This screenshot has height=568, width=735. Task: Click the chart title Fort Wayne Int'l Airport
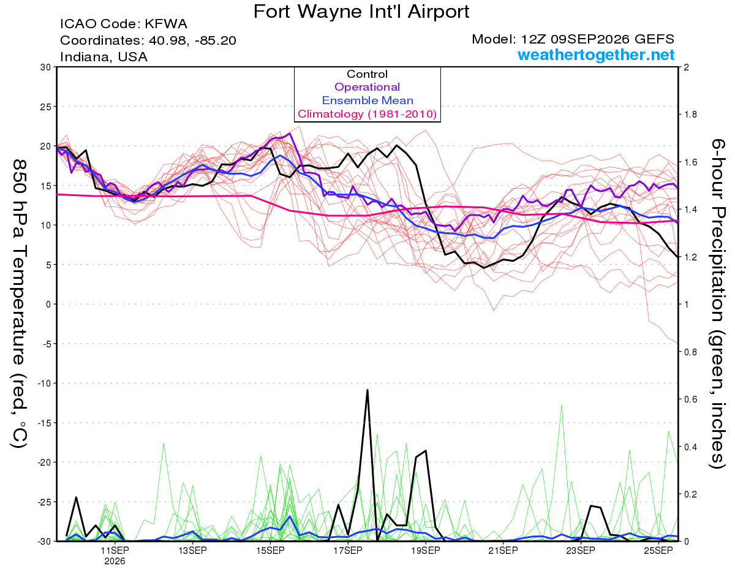(361, 12)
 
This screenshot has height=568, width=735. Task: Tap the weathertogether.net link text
(596, 55)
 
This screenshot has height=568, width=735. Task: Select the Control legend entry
(367, 74)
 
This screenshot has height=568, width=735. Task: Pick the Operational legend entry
(367, 87)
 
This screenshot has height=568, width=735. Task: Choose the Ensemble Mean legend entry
(367, 100)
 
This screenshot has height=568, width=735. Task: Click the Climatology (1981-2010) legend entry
(367, 114)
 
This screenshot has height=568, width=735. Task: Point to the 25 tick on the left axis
(46, 107)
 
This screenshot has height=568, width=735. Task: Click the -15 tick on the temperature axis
(44, 423)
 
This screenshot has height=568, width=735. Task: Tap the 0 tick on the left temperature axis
(48, 305)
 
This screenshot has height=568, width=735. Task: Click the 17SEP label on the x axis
(348, 551)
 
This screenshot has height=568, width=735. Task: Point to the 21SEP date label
(503, 551)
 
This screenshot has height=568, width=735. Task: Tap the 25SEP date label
(658, 551)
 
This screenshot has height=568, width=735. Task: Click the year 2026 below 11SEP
(115, 562)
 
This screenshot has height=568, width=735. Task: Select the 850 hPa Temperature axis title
(19, 304)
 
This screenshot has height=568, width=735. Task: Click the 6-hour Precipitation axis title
(717, 303)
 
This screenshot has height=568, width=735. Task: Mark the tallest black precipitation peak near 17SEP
(367, 390)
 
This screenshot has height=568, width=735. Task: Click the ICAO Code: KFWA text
(124, 24)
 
